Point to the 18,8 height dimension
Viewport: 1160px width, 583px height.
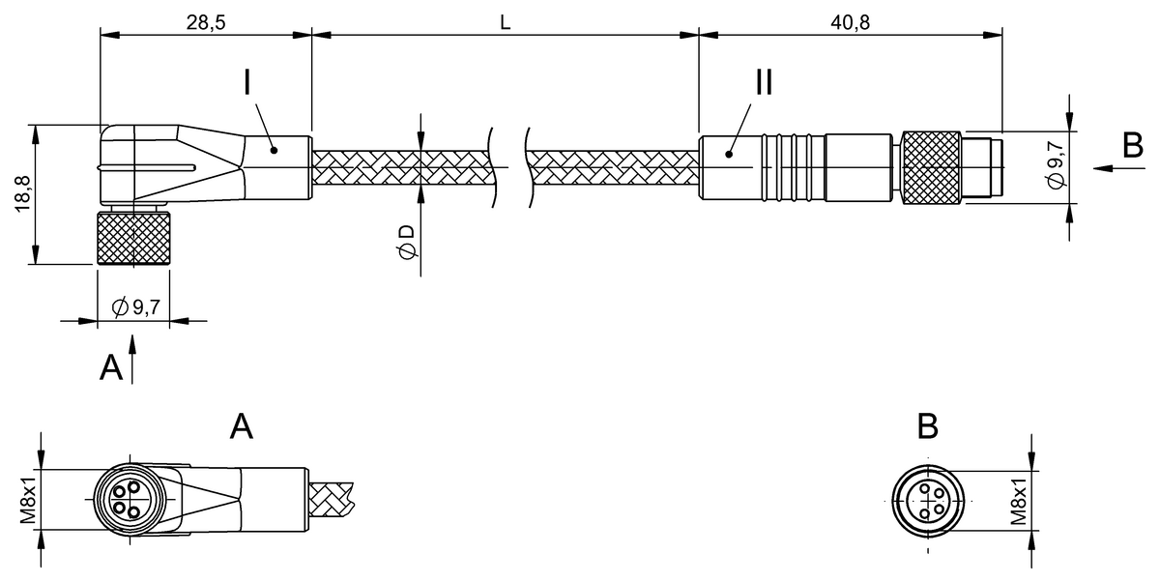click(x=22, y=194)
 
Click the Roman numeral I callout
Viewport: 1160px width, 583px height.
click(x=247, y=82)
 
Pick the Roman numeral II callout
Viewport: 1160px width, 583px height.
click(x=764, y=82)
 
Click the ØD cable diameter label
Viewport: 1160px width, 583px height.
click(x=407, y=242)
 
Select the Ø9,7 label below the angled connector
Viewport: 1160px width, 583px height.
click(x=135, y=308)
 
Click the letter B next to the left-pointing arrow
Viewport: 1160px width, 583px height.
click(x=1132, y=145)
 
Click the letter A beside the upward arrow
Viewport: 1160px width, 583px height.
click(x=112, y=366)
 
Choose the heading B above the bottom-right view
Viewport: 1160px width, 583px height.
click(x=927, y=425)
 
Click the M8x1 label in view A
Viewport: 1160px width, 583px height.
click(x=28, y=499)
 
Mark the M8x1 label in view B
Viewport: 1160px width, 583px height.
click(x=1019, y=499)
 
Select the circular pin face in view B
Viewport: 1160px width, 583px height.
click(x=928, y=500)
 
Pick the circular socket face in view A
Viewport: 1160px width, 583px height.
click(x=127, y=499)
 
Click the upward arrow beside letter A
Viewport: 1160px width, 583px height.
click(x=132, y=357)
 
